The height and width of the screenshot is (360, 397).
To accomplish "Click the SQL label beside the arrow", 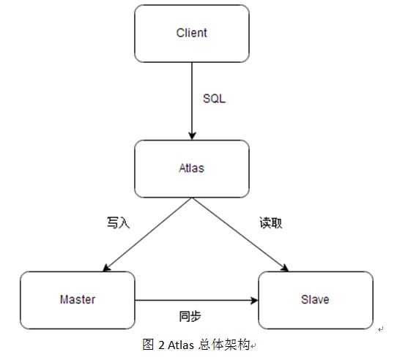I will pos(213,98).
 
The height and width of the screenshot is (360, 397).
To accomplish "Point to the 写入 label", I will pos(118,223).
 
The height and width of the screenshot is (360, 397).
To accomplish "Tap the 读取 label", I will pos(270,223).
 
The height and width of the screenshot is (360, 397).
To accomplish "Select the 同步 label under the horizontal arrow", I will pos(190,316).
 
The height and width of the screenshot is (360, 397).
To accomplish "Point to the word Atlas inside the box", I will pos(191,168).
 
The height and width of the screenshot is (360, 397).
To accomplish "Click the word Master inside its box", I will pos(78,300).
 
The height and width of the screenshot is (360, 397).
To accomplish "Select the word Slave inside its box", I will pos(315,300).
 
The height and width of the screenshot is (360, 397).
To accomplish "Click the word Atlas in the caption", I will pos(181,345).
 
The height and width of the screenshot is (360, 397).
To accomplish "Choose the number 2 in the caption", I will pos(160,345).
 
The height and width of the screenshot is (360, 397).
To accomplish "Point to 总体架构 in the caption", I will pos(223,345).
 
